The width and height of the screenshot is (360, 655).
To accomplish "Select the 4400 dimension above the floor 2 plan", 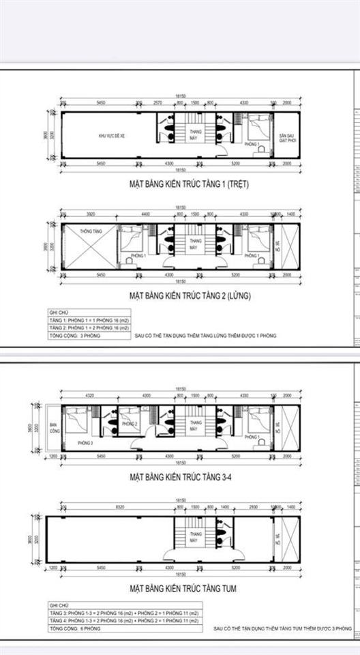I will click(x=145, y=214).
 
